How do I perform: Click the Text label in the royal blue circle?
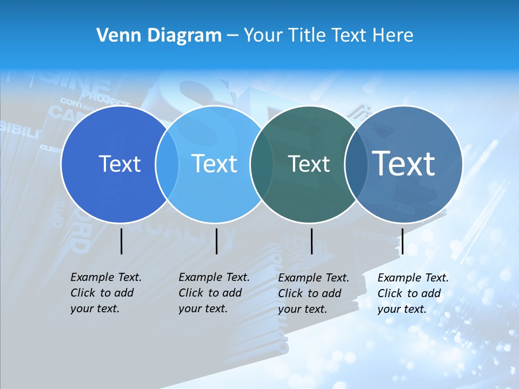tap(119, 164)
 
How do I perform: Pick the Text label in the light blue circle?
tap(214, 164)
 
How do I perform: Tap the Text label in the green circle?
tap(309, 164)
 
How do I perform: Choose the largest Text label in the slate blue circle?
tap(404, 163)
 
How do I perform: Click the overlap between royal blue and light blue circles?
tap(167, 164)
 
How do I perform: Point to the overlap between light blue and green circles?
tap(262, 164)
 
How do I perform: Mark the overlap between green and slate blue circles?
tap(356, 164)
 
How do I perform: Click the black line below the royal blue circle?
tap(121, 241)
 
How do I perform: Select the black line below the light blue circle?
tap(216, 241)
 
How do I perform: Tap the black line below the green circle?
tap(311, 241)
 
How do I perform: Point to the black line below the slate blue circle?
tap(402, 241)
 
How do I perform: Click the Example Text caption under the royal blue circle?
tap(105, 293)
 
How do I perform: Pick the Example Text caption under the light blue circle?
tap(214, 293)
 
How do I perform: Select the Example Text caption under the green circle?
tap(313, 293)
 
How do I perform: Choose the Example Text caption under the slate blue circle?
tap(412, 293)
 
